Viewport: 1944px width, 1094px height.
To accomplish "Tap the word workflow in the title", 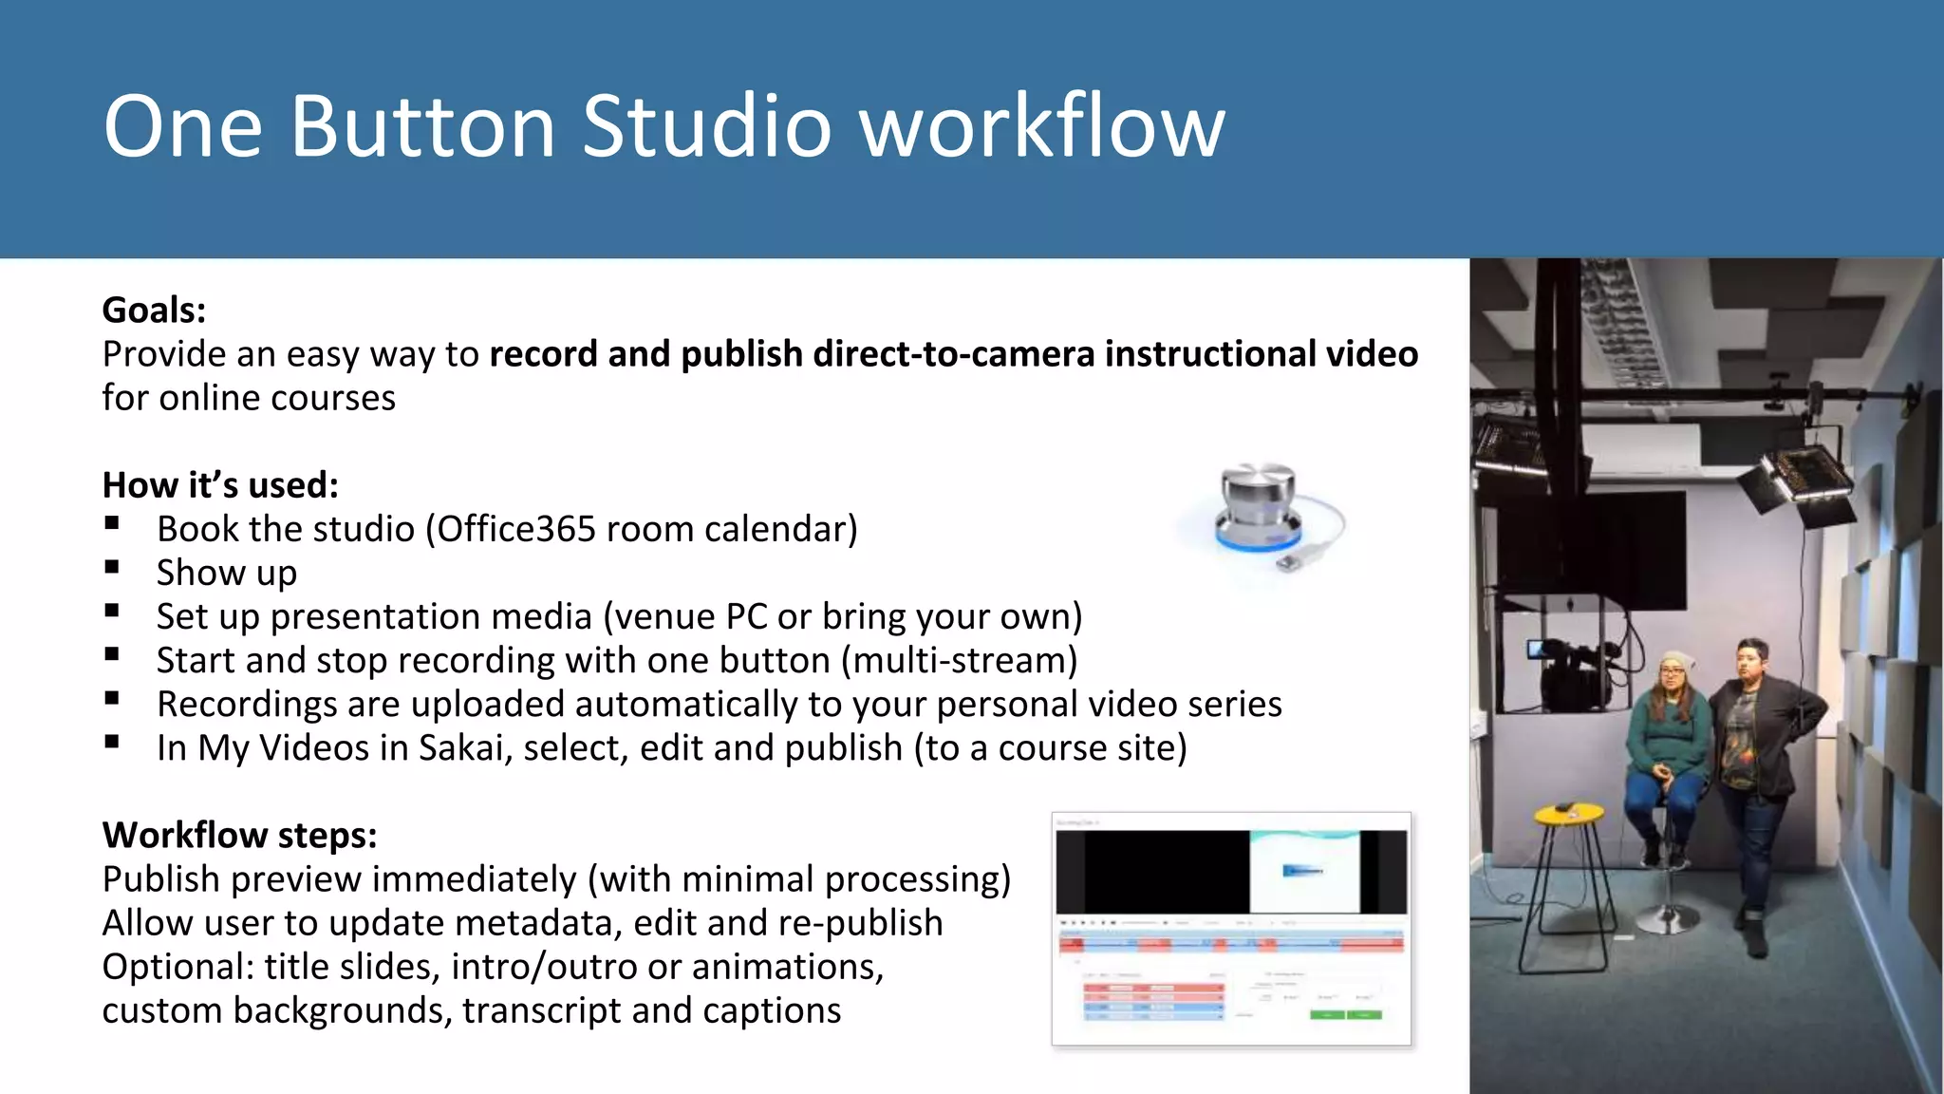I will (1042, 126).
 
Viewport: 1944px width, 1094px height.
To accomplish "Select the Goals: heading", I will (154, 311).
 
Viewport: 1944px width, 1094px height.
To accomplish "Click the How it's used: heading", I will (220, 485).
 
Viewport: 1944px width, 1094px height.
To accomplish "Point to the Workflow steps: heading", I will (239, 836).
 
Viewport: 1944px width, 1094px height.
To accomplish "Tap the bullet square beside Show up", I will (112, 567).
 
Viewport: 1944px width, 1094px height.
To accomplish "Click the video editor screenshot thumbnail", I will (1231, 928).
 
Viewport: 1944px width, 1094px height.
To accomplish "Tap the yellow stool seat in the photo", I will (1569, 813).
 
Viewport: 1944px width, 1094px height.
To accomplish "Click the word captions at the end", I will (772, 1011).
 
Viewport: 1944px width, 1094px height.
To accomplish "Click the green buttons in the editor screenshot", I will (1345, 1015).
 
